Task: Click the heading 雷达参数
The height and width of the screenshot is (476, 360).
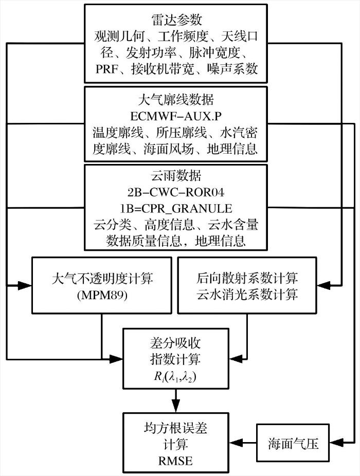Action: click(176, 20)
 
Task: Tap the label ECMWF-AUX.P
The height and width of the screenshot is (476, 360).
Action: click(176, 116)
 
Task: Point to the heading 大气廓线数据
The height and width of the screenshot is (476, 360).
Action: click(176, 100)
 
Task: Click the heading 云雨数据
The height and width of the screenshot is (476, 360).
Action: click(176, 175)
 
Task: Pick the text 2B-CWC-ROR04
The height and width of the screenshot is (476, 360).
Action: click(176, 192)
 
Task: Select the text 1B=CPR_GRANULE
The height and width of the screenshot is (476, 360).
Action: click(176, 209)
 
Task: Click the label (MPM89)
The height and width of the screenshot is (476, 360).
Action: click(102, 295)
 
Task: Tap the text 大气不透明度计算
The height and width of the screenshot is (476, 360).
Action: click(102, 279)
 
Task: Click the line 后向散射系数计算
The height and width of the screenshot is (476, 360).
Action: click(247, 278)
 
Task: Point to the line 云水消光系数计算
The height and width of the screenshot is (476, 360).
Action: click(247, 295)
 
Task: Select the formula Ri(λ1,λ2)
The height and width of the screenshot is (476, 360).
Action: click(175, 377)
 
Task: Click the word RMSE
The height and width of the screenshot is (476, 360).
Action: click(175, 461)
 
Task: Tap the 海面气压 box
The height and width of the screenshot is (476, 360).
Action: click(293, 443)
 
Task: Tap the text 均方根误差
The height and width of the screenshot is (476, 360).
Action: click(175, 428)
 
